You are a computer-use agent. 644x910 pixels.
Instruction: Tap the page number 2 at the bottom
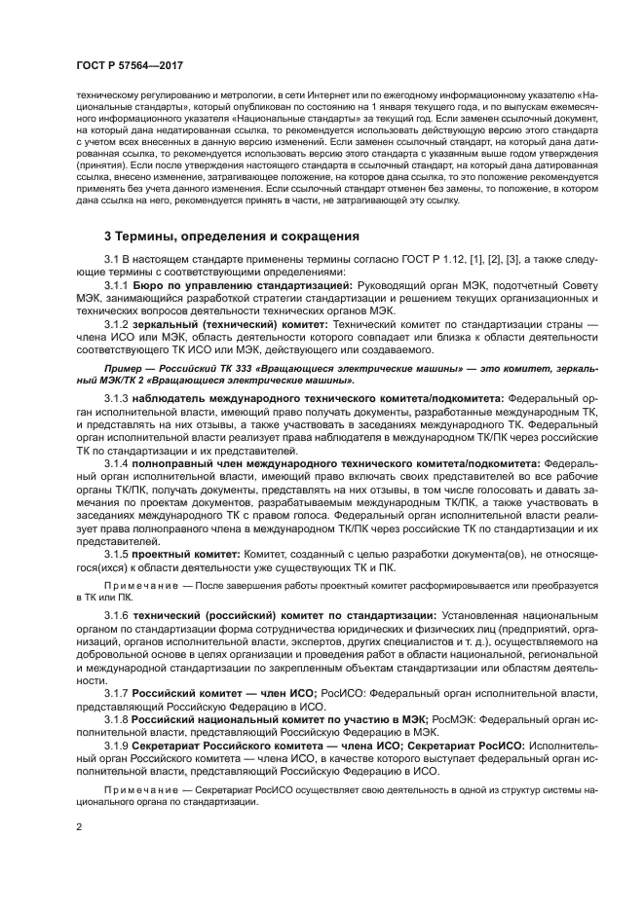click(x=78, y=827)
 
